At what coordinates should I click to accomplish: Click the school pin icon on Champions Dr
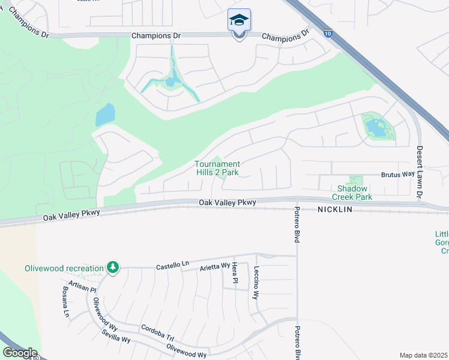239,22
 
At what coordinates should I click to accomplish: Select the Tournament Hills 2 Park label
217,168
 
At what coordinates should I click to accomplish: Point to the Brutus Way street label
398,174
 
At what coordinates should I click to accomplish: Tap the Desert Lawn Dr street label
420,172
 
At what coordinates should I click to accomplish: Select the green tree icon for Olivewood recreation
112,266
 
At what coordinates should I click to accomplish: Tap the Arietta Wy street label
214,266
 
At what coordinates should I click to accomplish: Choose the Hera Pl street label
235,273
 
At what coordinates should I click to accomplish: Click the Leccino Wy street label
256,283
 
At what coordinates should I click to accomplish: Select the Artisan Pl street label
82,287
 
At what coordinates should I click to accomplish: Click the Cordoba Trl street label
157,331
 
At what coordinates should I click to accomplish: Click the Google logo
19,353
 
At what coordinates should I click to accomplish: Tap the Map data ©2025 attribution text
424,355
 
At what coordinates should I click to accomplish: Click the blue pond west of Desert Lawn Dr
376,127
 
